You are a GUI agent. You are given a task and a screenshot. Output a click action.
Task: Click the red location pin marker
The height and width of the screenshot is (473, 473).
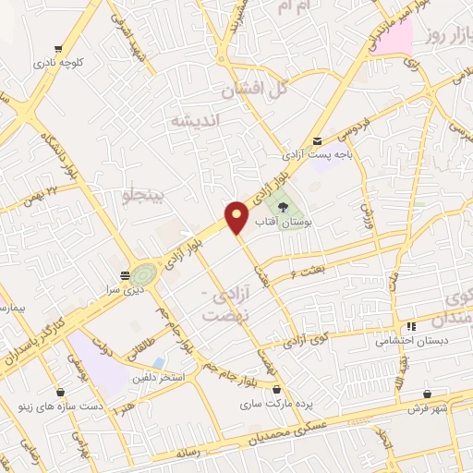pyautogui.click(x=237, y=217)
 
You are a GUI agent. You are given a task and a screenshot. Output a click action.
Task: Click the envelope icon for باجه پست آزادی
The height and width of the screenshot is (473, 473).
pyautogui.click(x=319, y=140)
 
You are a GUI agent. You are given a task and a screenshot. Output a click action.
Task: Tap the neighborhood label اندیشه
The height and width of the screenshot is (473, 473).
pyautogui.click(x=193, y=120)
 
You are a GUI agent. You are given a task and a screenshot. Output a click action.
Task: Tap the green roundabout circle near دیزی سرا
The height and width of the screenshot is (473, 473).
pyautogui.click(x=142, y=274)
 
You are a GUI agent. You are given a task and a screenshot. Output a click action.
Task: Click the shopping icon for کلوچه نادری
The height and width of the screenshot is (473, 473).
pyautogui.click(x=59, y=49)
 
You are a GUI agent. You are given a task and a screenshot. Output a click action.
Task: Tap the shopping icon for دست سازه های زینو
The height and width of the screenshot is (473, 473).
pyautogui.click(x=60, y=391)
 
